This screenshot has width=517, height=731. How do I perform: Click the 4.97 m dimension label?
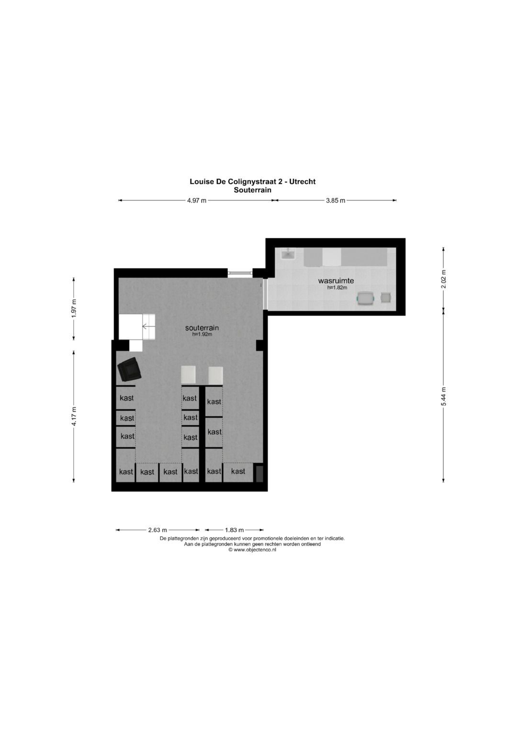click(x=197, y=201)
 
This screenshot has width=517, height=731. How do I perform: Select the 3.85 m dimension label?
click(x=336, y=201)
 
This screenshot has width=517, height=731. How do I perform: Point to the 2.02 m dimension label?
click(x=444, y=278)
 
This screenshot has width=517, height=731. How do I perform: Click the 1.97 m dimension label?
click(x=74, y=308)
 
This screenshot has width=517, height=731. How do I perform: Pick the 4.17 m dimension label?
click(x=74, y=416)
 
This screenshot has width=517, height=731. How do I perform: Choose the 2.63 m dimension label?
click(x=157, y=530)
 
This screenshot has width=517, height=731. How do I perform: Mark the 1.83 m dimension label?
click(x=234, y=530)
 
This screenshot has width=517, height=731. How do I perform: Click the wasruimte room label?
click(x=336, y=281)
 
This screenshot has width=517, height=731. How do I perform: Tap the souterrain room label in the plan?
click(x=202, y=328)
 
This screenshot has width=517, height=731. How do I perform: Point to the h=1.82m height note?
click(x=337, y=288)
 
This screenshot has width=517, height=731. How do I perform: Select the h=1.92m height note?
click(x=202, y=335)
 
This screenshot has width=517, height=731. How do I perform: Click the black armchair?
click(x=129, y=370)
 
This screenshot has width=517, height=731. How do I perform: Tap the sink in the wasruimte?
click(x=288, y=254)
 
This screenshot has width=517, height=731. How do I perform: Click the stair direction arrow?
click(x=148, y=327)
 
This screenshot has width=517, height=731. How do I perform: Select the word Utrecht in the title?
click(x=302, y=181)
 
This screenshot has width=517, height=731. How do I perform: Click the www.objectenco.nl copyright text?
click(x=252, y=550)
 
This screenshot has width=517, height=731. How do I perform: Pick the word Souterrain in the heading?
click(x=252, y=190)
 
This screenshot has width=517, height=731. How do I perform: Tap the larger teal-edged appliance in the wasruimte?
click(x=366, y=298)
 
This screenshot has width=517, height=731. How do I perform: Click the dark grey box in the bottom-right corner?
click(x=259, y=473)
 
